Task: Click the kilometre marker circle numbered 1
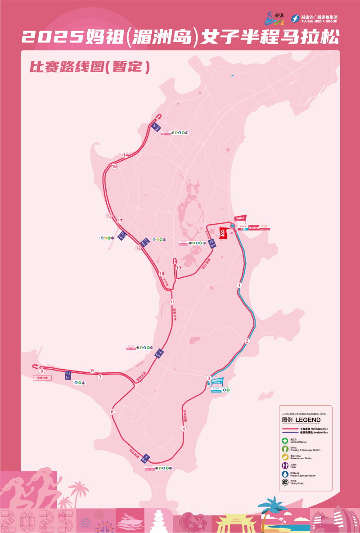point(239,285)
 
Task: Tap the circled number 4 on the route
point(184,429)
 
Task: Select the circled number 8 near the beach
point(41,371)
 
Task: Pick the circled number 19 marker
point(178,268)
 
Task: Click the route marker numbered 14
point(126,155)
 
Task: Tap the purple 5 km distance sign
point(145,458)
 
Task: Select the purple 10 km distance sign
point(158,354)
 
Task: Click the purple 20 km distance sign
point(212,243)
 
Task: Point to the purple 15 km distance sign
point(157,127)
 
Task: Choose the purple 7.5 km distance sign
point(68,375)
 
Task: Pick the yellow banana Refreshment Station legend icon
point(285,457)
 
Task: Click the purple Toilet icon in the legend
point(285,465)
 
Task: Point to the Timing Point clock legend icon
point(285,482)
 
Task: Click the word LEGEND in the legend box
point(308,420)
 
